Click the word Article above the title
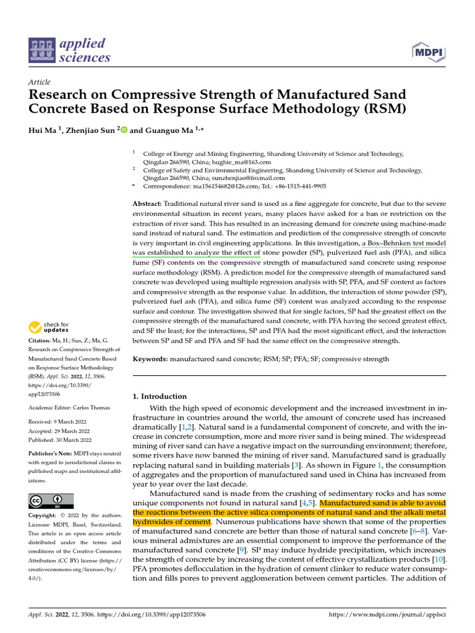tap(40, 82)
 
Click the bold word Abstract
tap(147, 204)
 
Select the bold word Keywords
tap(150, 359)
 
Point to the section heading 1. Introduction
tap(160, 396)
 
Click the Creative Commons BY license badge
tap(51, 500)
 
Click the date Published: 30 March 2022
tap(59, 440)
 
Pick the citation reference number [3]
tap(295, 464)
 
